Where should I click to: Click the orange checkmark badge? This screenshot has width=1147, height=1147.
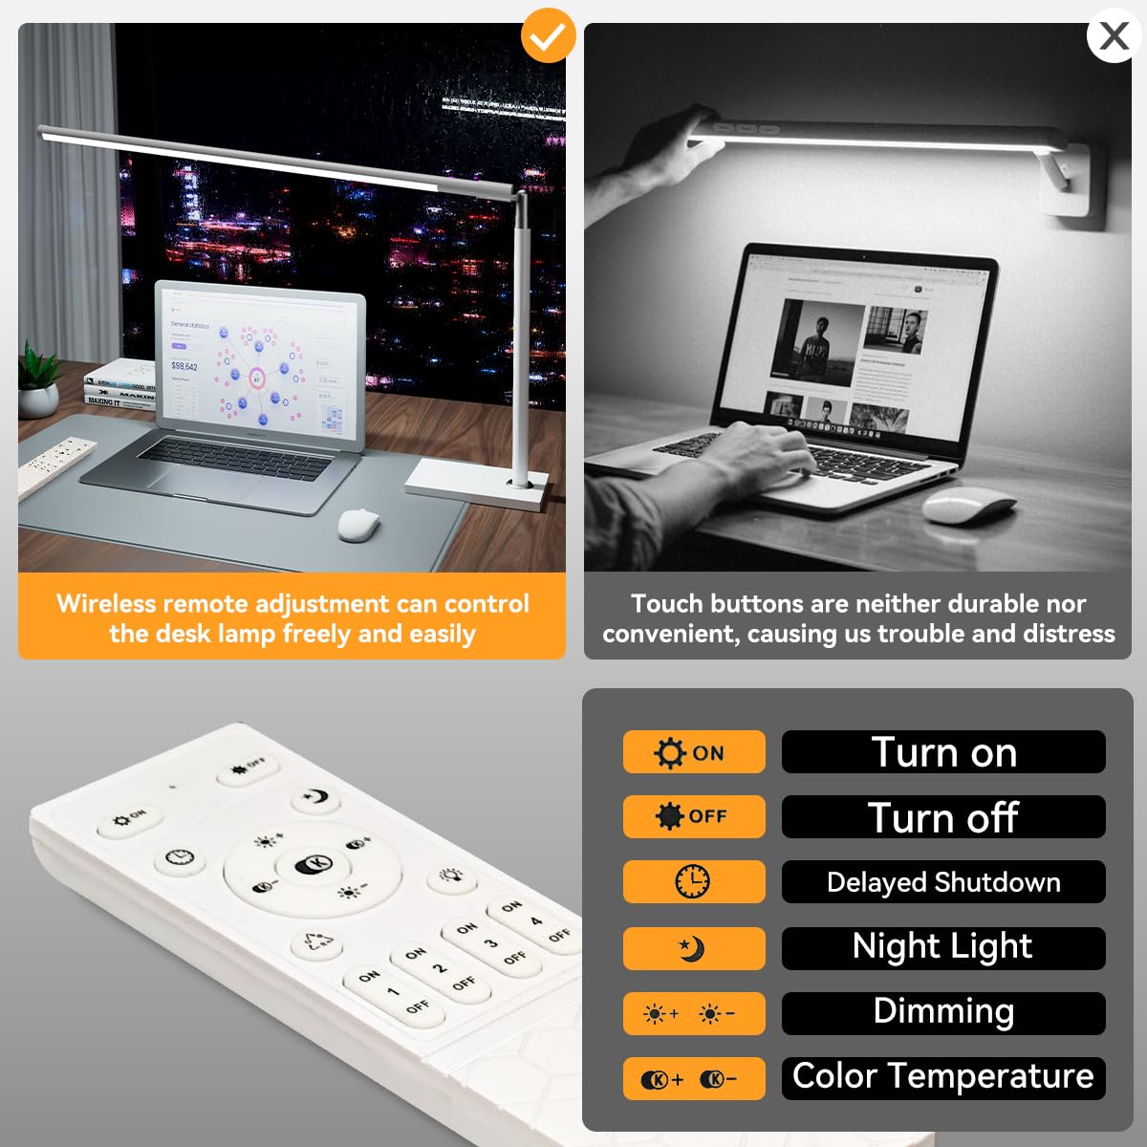tap(548, 36)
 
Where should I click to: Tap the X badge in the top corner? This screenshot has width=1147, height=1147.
tap(1114, 36)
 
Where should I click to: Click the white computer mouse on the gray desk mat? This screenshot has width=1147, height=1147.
tap(358, 525)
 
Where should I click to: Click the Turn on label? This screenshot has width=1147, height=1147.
tap(943, 752)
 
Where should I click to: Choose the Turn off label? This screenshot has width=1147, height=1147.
tap(943, 817)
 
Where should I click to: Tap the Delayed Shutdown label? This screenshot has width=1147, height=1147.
tap(943, 881)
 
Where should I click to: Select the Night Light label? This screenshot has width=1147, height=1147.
tap(943, 947)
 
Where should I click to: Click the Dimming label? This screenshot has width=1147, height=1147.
tap(943, 1012)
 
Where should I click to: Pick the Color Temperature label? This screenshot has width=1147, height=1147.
tap(943, 1077)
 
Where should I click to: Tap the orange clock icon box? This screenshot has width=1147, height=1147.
tap(694, 881)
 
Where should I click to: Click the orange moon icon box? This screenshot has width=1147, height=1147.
tap(694, 948)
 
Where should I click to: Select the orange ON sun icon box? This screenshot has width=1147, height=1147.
tap(694, 752)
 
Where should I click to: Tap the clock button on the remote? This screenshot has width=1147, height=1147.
tap(180, 857)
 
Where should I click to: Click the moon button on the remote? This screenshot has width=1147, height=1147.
tap(316, 796)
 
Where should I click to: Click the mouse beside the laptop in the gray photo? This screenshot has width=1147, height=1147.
tap(968, 504)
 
